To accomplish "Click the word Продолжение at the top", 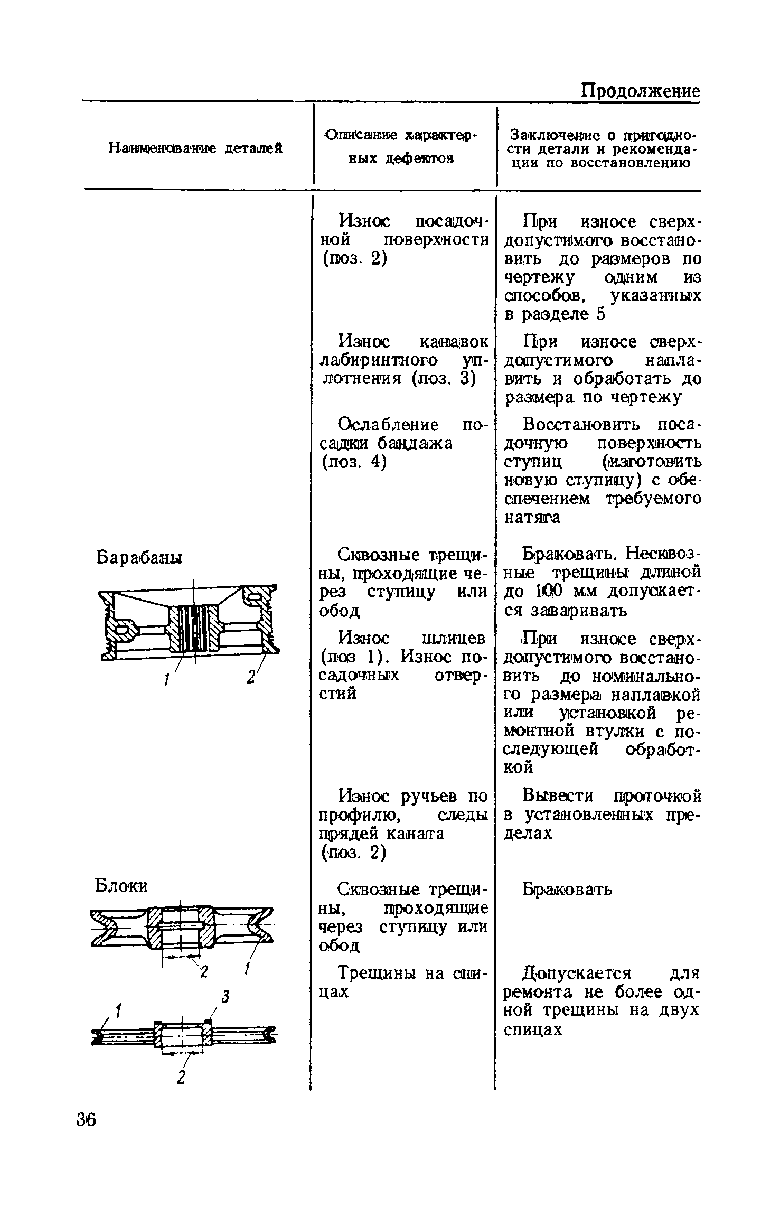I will coord(640,91).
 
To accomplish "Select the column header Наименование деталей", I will coord(195,148).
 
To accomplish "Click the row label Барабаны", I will coord(139,557).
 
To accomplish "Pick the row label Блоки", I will coord(121,886).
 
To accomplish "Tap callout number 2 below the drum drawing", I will coord(250,677).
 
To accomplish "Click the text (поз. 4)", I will coord(354,462).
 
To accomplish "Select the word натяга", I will coord(532,518).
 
